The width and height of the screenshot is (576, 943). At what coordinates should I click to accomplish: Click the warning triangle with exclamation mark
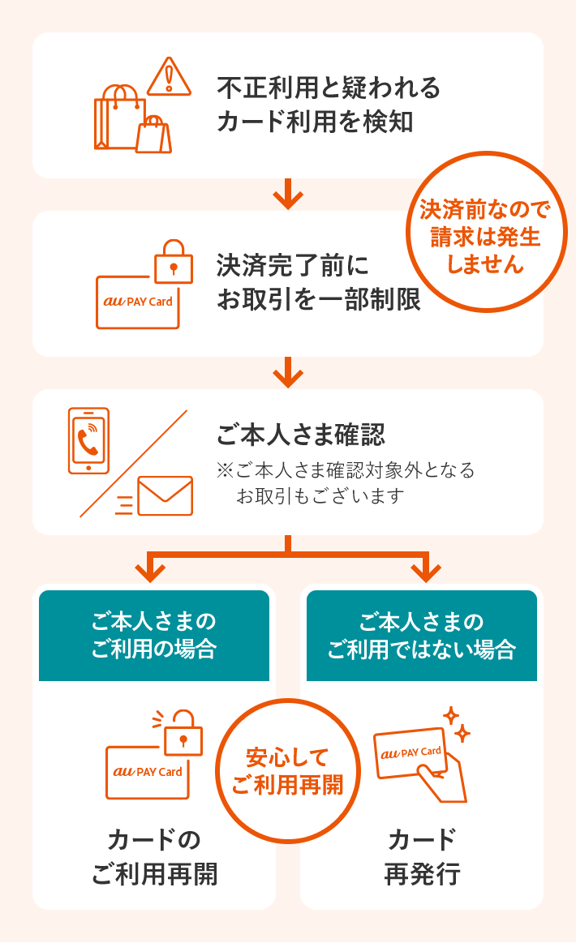point(169,76)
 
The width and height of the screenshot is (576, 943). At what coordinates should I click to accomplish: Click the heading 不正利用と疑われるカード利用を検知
point(328,105)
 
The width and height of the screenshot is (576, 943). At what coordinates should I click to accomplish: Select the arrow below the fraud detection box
point(288,195)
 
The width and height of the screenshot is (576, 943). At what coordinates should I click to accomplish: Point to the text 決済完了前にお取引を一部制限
point(318,282)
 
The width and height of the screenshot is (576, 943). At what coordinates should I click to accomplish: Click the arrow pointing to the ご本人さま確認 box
point(288,373)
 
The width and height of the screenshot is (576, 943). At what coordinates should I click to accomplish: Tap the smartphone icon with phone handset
point(88,440)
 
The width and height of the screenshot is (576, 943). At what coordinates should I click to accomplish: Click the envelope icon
point(165,495)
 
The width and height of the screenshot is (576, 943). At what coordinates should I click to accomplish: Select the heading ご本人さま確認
point(300,435)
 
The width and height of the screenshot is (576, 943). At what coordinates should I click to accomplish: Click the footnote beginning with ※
point(346,483)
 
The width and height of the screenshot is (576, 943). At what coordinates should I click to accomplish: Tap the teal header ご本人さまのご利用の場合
point(154,636)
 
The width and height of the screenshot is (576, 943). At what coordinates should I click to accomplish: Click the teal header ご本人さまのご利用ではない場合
point(422,636)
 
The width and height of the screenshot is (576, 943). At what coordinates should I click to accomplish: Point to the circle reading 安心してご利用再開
point(288,771)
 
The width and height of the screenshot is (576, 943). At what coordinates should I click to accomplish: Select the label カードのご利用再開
point(154,856)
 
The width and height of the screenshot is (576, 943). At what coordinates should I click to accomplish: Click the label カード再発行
point(422,856)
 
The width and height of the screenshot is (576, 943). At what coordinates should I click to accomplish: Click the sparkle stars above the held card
point(456,724)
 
